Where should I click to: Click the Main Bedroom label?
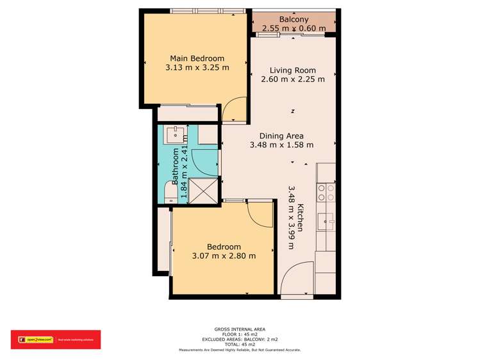point(197,58)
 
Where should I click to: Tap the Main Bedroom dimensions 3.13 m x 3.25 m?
point(197,67)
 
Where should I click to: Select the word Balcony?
point(294,20)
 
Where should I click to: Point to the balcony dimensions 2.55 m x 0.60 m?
point(294,28)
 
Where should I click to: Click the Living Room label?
point(293,70)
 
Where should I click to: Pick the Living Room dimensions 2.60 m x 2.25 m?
point(293,79)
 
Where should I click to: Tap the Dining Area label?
point(281,136)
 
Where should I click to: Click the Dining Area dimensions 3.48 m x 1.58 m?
point(281,145)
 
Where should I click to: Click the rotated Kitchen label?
point(301,218)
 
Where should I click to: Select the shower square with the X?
point(203,190)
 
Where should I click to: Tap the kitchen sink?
point(329,222)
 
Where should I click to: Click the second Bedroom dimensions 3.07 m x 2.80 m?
point(224,256)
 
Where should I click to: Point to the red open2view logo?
point(55,340)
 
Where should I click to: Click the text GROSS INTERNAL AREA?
point(240,327)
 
